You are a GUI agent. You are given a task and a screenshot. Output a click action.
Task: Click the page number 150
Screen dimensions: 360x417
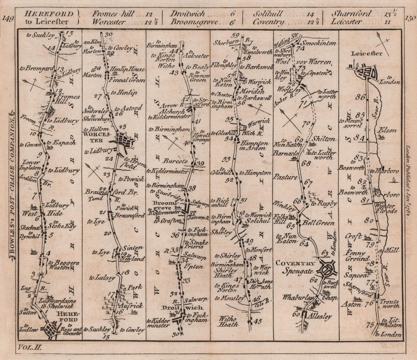[409, 18]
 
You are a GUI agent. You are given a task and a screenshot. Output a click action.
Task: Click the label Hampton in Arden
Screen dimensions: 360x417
[253, 145]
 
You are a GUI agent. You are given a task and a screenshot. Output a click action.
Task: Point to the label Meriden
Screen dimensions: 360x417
[250, 91]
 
